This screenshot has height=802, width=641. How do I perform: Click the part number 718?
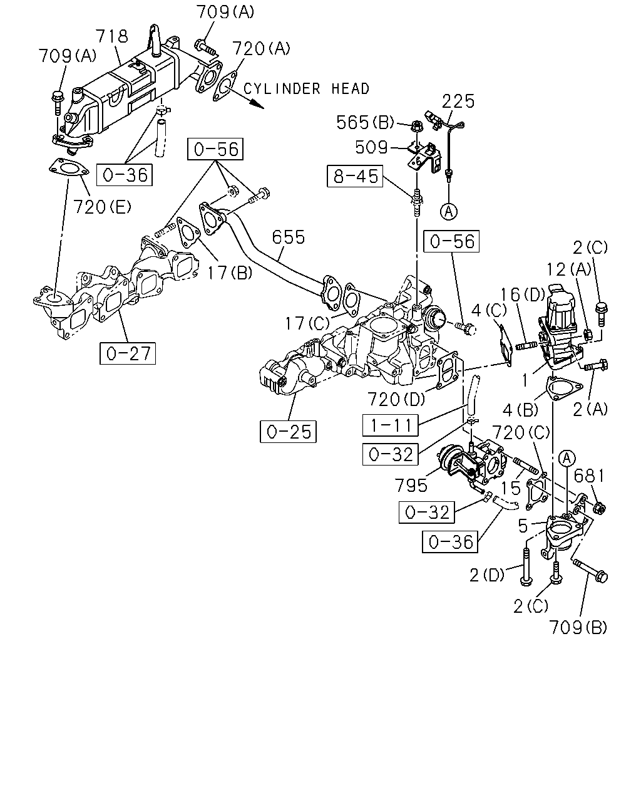(x=112, y=36)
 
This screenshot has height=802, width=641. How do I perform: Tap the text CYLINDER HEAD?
(x=306, y=89)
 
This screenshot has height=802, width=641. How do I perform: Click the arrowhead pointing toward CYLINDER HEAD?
(x=258, y=105)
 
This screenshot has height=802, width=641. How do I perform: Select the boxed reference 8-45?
(x=355, y=176)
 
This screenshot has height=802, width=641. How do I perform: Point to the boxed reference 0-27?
(x=127, y=353)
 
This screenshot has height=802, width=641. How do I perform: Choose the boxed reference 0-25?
(x=288, y=431)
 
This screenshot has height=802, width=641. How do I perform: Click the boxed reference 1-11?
(x=391, y=425)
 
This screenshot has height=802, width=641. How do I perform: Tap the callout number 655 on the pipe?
(x=289, y=237)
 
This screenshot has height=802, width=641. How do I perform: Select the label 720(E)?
(x=101, y=207)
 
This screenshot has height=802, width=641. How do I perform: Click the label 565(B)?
(x=365, y=122)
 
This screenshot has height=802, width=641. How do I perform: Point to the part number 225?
(x=458, y=102)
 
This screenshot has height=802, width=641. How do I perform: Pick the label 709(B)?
(x=578, y=627)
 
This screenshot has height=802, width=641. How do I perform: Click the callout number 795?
(x=411, y=485)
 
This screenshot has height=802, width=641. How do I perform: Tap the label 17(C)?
(x=307, y=323)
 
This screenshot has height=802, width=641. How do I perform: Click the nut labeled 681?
(x=599, y=508)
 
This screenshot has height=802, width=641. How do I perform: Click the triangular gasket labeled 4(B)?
(x=564, y=388)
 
